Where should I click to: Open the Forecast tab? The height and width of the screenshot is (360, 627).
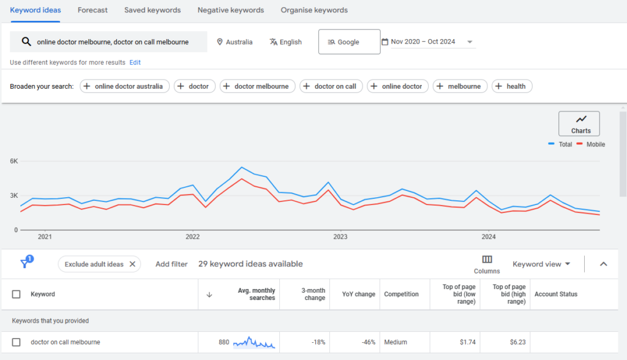click(92, 10)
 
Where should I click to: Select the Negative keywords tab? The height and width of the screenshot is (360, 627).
click(230, 10)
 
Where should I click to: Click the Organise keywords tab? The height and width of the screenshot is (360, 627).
click(314, 10)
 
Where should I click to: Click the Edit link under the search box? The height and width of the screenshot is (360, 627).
click(135, 62)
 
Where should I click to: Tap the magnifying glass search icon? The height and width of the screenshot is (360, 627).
click(26, 42)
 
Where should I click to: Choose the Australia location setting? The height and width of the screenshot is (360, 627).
click(235, 42)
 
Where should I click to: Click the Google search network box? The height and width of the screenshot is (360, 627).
click(349, 42)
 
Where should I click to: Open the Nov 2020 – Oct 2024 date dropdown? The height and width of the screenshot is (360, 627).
click(428, 42)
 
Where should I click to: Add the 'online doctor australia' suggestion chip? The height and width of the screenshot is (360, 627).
click(125, 86)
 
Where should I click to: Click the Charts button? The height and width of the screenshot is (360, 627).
click(579, 124)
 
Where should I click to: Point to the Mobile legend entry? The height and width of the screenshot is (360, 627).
click(590, 144)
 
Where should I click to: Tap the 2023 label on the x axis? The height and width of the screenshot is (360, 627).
click(340, 236)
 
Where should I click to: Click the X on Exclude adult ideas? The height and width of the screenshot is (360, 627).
click(132, 264)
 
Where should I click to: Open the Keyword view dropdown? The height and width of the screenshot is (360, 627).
click(541, 264)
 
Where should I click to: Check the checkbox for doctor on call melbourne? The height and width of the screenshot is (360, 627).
click(17, 342)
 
